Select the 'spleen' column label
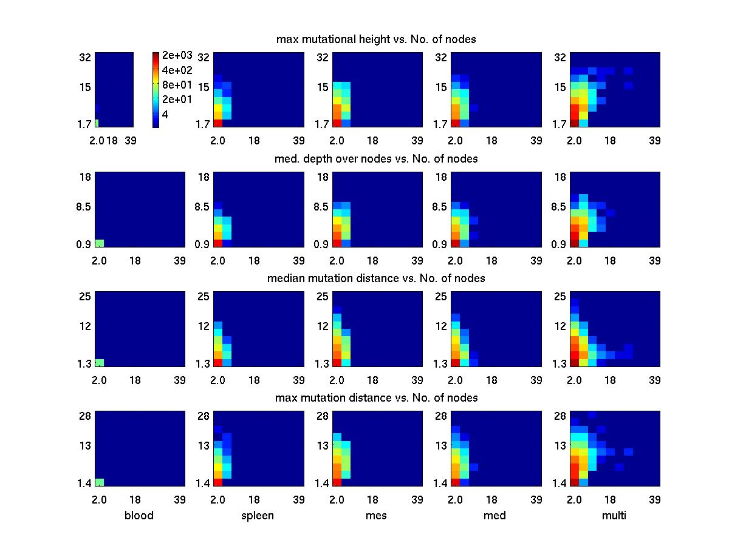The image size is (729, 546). (x=259, y=516)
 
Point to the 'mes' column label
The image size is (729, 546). (x=377, y=516)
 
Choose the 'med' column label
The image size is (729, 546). (x=496, y=516)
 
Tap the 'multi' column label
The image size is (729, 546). (x=615, y=516)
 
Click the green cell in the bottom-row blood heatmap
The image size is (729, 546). (x=100, y=482)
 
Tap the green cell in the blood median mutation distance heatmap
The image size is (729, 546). (x=100, y=363)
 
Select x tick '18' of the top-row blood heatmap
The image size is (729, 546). (x=112, y=141)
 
